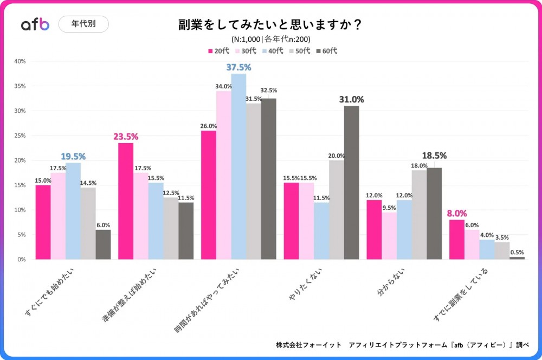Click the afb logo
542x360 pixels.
(x=35, y=24)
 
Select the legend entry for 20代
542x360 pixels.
(x=218, y=51)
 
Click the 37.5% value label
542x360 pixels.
(x=238, y=67)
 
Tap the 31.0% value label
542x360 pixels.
(x=351, y=99)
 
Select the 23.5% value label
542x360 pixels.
(x=126, y=137)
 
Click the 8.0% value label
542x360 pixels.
(x=457, y=213)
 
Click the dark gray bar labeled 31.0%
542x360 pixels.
(x=351, y=182)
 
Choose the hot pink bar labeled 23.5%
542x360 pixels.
(x=126, y=201)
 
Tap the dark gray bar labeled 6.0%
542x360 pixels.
(x=103, y=245)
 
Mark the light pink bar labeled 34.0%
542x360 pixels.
(x=223, y=175)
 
